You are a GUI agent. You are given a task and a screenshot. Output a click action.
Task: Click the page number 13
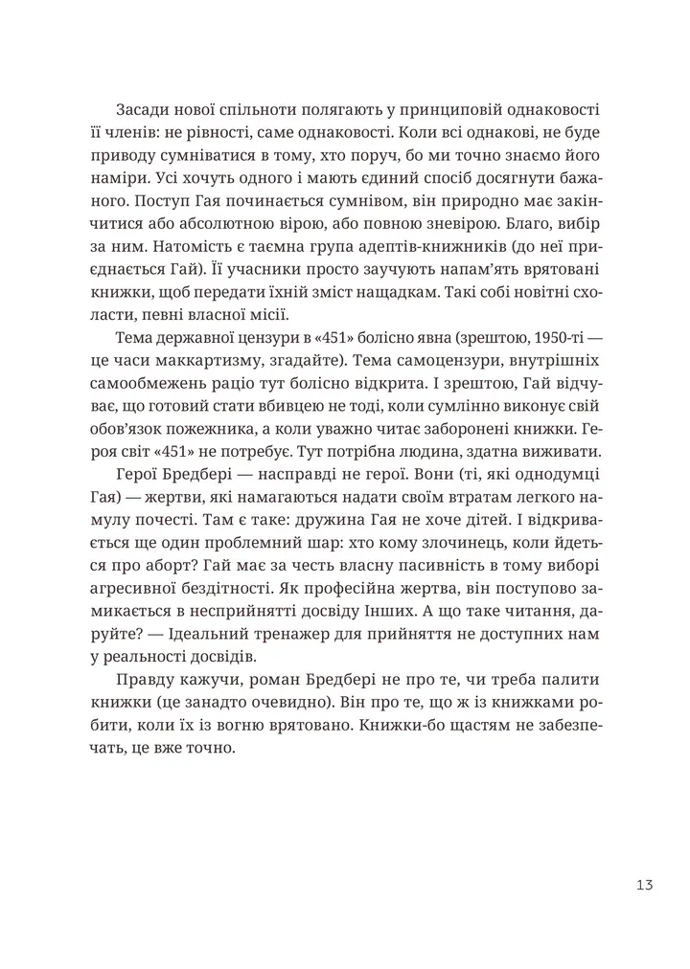(643, 885)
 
